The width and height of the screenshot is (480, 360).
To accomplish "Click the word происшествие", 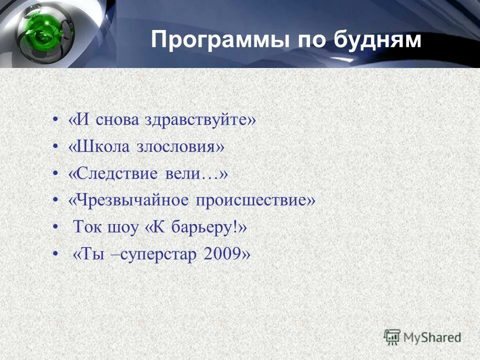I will (x=255, y=200).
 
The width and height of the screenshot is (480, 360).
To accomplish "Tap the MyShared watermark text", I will (x=432, y=337).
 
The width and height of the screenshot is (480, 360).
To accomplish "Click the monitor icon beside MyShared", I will (x=392, y=336).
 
